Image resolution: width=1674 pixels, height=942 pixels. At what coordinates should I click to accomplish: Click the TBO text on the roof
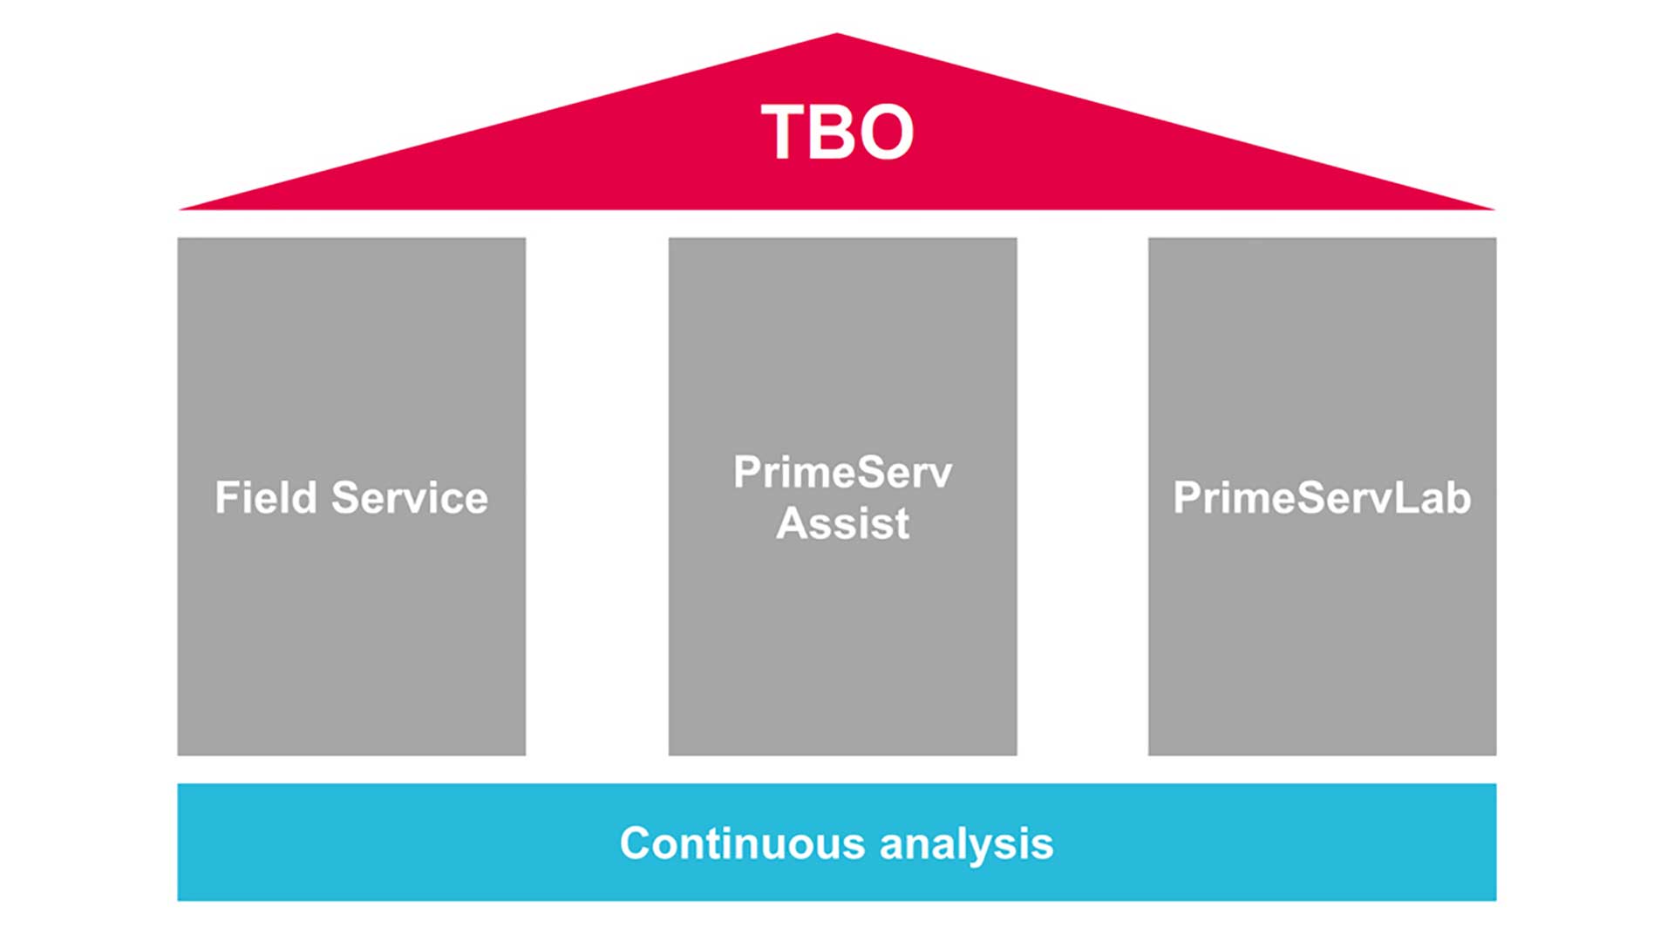[837, 133]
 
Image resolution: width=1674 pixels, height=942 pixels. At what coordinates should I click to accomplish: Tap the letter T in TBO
[786, 133]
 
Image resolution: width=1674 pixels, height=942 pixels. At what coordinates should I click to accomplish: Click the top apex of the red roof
[837, 33]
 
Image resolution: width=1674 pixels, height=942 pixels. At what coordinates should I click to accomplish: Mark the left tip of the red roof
[180, 209]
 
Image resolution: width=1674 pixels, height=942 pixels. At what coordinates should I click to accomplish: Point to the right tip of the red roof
[1494, 209]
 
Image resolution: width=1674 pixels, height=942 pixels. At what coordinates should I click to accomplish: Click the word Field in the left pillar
[266, 498]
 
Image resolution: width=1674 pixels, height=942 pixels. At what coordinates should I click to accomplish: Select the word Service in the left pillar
[410, 498]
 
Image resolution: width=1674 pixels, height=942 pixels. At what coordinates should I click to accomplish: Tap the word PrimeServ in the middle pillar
[842, 473]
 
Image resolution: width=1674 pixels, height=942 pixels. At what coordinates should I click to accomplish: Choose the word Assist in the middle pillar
[842, 523]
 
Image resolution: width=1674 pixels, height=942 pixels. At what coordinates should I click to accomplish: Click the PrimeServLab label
[1322, 498]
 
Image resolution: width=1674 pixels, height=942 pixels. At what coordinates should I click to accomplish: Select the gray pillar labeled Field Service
[351, 497]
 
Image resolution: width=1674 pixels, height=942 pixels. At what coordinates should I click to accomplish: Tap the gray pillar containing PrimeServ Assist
[842, 497]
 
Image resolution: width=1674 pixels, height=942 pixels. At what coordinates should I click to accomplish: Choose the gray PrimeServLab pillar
[1322, 497]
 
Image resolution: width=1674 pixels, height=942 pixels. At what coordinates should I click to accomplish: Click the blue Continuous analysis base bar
[837, 843]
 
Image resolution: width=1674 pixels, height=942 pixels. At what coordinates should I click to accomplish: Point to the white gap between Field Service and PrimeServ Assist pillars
[597, 497]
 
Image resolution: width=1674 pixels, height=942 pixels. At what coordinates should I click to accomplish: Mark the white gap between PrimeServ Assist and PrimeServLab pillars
[1082, 497]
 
